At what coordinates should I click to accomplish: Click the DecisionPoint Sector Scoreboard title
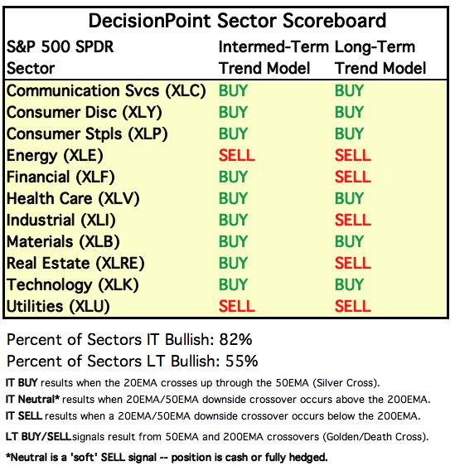(x=237, y=21)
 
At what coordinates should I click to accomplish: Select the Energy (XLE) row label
(x=55, y=156)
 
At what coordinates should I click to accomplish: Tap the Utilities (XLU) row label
(x=58, y=307)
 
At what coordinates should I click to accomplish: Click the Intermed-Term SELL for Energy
(x=237, y=156)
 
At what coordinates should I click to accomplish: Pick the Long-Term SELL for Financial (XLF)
(x=353, y=177)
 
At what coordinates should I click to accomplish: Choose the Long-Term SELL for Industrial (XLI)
(x=353, y=221)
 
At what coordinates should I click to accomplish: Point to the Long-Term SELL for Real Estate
(x=353, y=264)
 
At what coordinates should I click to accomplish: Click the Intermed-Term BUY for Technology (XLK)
(x=233, y=285)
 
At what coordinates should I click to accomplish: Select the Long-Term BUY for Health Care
(x=350, y=198)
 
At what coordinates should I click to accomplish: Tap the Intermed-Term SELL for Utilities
(x=237, y=307)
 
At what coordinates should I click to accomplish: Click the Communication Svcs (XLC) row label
(x=106, y=91)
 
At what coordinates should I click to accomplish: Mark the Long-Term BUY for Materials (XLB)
(x=350, y=242)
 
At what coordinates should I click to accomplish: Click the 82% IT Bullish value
(x=235, y=340)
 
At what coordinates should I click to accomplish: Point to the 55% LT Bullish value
(x=242, y=361)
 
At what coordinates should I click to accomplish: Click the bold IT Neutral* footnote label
(x=32, y=400)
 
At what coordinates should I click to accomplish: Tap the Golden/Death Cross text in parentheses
(x=374, y=437)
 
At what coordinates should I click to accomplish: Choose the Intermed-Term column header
(x=273, y=47)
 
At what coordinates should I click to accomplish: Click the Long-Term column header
(x=375, y=48)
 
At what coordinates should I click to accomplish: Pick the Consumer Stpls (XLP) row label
(x=87, y=134)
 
